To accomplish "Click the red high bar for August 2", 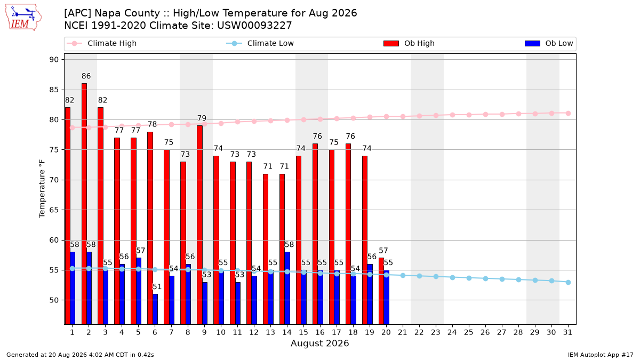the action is pyautogui.click(x=84, y=204).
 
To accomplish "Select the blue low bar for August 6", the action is pyautogui.click(x=155, y=309).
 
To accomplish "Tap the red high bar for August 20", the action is pyautogui.click(x=381, y=291).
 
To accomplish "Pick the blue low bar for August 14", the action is pyautogui.click(x=287, y=288).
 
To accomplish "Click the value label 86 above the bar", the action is pyautogui.click(x=86, y=76).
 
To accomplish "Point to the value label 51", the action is pyautogui.click(x=157, y=286).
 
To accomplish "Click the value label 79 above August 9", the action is pyautogui.click(x=202, y=118).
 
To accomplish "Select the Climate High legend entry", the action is pyautogui.click(x=102, y=43).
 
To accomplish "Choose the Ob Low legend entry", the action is pyautogui.click(x=549, y=43).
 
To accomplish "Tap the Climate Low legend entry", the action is pyautogui.click(x=260, y=43).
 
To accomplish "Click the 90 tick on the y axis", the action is pyautogui.click(x=54, y=60).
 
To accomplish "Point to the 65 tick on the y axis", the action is pyautogui.click(x=54, y=210).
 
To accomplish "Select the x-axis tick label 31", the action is pyautogui.click(x=567, y=332).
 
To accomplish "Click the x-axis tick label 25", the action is pyautogui.click(x=469, y=332).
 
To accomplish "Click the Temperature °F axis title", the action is pyautogui.click(x=42, y=189).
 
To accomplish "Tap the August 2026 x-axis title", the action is pyautogui.click(x=319, y=343).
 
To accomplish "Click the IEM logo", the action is pyautogui.click(x=23, y=17).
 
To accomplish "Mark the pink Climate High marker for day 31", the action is pyautogui.click(x=568, y=114).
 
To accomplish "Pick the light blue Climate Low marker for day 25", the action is pyautogui.click(x=469, y=278).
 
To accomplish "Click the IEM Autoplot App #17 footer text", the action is pyautogui.click(x=601, y=355).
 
